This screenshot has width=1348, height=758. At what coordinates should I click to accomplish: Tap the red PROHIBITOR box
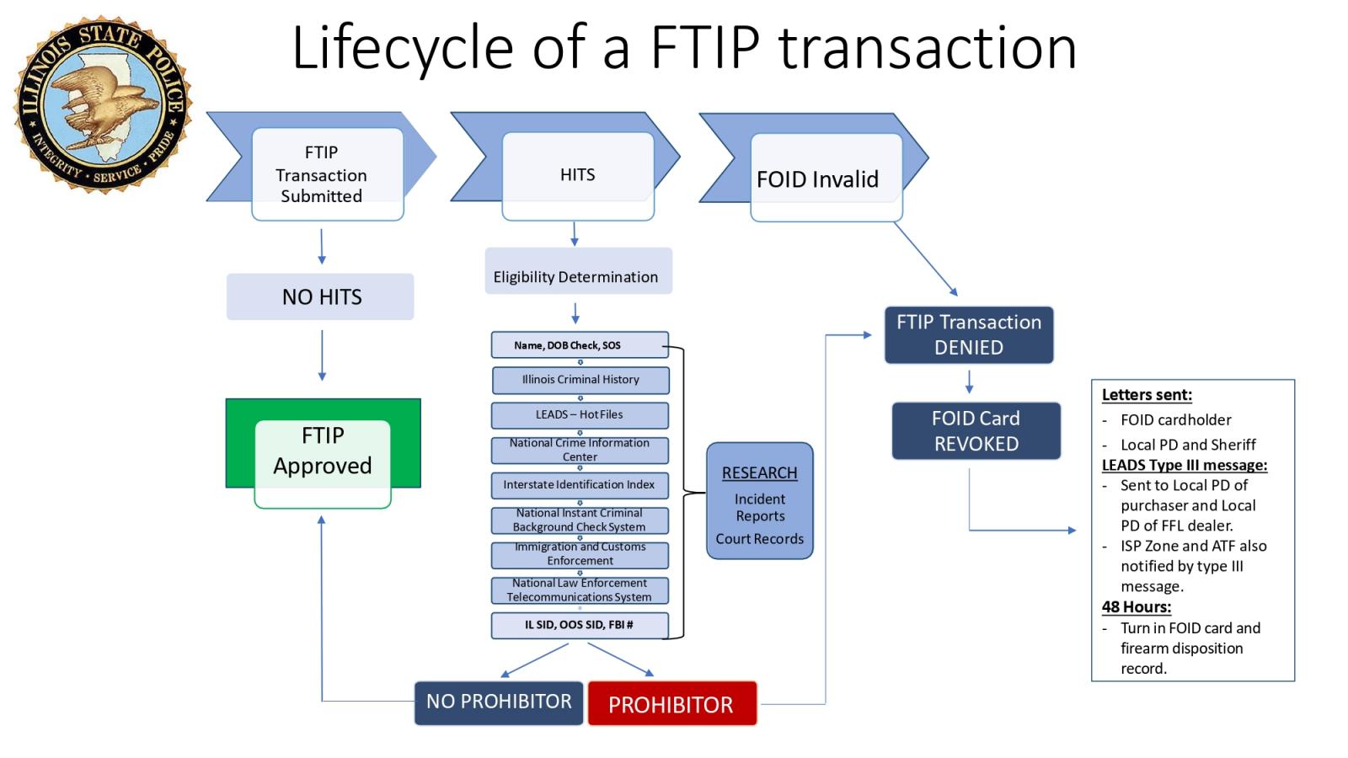(x=671, y=704)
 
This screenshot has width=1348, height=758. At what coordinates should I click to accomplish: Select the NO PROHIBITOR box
(x=499, y=702)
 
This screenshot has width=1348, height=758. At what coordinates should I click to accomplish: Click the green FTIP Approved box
(x=323, y=451)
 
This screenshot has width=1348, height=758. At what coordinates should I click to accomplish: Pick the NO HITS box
(x=320, y=296)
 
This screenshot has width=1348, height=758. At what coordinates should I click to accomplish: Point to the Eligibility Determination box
(x=578, y=272)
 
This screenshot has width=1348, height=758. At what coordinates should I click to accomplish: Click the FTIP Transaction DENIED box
(x=969, y=334)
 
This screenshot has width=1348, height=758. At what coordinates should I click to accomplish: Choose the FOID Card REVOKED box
(x=976, y=431)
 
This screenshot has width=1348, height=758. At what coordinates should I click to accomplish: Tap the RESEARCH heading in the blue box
(x=759, y=473)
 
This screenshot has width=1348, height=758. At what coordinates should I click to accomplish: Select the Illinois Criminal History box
(x=580, y=380)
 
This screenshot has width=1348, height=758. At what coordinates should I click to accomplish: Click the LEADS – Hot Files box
(x=580, y=414)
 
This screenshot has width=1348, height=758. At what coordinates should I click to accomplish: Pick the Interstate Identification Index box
(x=580, y=485)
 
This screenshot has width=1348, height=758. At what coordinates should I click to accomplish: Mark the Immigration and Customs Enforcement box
(x=580, y=554)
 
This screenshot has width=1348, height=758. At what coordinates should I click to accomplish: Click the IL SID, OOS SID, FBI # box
(x=580, y=625)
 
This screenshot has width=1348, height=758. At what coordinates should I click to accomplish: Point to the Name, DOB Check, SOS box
(x=580, y=345)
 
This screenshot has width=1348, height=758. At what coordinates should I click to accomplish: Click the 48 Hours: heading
(x=1136, y=607)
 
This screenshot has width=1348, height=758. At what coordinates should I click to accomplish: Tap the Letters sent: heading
(x=1146, y=395)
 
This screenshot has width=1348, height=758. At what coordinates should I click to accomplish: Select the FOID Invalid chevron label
(x=817, y=179)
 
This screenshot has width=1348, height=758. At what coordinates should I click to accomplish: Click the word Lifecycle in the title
(x=403, y=48)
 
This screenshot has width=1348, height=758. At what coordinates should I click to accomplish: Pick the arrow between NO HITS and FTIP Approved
(x=322, y=355)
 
